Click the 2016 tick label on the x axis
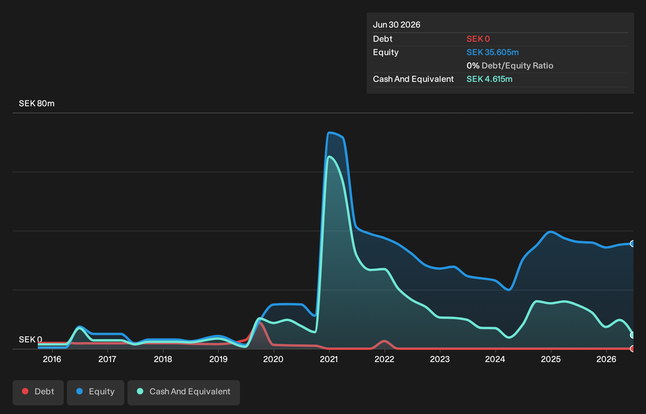52,359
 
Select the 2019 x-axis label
218,359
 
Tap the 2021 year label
329,359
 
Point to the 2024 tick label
495,359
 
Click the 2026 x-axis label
606,359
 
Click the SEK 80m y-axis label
37,103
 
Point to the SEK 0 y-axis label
31,339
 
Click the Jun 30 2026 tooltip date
397,25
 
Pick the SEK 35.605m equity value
493,52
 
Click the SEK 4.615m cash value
489,79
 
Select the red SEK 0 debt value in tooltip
478,39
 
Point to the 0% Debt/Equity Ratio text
510,66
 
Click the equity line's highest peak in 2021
329,133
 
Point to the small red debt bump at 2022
384,341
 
